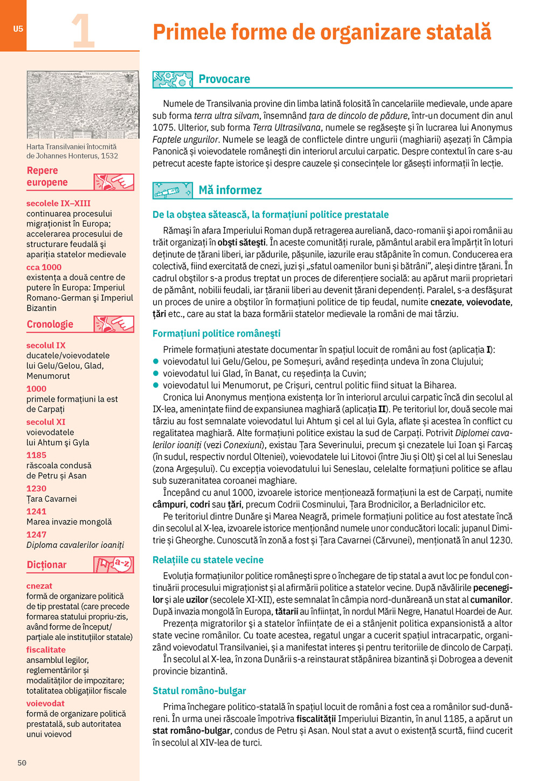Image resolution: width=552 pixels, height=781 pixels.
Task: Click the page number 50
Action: (22, 763)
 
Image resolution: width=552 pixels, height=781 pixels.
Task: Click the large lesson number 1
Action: (82, 31)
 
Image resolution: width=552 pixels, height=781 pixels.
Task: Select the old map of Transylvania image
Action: (82, 105)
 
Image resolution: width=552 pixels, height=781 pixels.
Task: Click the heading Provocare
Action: (224, 79)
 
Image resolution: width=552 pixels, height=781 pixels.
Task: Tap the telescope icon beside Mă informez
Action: (172, 190)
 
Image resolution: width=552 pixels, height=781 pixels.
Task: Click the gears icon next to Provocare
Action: (172, 80)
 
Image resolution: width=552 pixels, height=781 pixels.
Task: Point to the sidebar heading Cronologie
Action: (50, 324)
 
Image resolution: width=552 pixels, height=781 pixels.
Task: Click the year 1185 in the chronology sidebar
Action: (37, 455)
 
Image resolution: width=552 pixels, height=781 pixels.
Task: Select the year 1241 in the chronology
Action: (37, 511)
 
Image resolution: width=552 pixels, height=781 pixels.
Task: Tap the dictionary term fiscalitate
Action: (46, 650)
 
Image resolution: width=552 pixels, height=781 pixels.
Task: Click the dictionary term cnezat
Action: (39, 586)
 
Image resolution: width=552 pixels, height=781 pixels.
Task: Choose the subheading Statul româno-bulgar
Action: (199, 691)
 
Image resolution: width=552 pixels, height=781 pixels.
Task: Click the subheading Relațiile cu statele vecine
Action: (208, 560)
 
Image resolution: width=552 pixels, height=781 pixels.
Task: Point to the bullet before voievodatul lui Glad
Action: (156, 373)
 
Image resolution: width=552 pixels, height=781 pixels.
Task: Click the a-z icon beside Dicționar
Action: (114, 565)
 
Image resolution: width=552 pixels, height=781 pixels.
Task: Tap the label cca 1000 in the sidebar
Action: (44, 267)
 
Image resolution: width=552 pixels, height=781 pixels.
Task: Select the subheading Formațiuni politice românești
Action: (216, 333)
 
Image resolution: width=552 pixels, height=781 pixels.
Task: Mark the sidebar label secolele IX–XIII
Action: (58, 203)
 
